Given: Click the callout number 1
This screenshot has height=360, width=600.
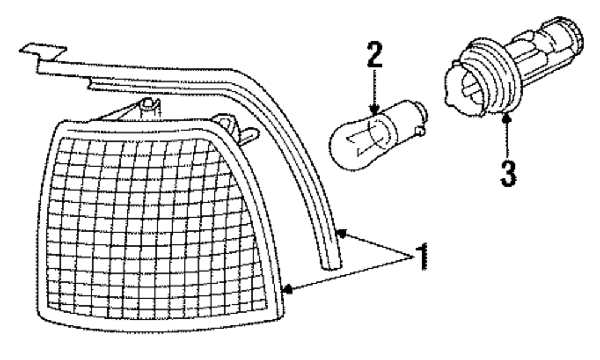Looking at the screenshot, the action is point(422,257).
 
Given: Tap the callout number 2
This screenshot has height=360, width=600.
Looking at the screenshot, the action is point(374,56).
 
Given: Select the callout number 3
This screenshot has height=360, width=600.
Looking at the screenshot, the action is point(508,172).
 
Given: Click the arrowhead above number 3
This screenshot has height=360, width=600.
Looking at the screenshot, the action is point(506,118).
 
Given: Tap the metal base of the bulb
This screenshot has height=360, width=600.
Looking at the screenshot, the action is point(406,117).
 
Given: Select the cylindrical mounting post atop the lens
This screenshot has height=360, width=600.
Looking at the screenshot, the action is point(149,110).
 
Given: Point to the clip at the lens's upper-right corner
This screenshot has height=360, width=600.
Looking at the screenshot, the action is point(238,128).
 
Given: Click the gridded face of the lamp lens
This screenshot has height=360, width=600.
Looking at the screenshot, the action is point(156,228).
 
